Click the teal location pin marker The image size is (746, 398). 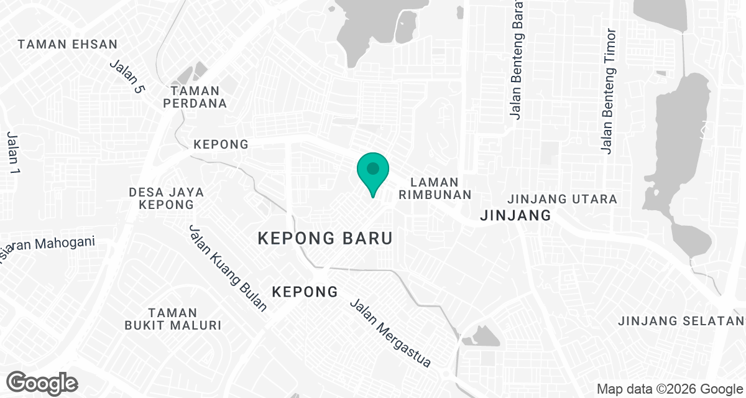click(x=373, y=172)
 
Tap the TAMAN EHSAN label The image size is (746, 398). click(x=68, y=44)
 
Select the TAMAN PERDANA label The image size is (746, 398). click(x=195, y=97)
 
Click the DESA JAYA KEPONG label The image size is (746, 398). click(x=162, y=198)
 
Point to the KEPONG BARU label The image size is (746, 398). click(x=325, y=238)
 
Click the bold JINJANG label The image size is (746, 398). click(x=516, y=216)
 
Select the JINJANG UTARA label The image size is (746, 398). click(x=562, y=199)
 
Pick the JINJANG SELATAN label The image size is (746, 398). click(x=681, y=321)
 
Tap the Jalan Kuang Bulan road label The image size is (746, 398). click(x=228, y=267)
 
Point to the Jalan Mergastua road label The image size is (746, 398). click(x=390, y=333)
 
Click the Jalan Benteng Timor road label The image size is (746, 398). click(x=609, y=90)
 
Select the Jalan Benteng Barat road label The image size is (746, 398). click(x=516, y=59)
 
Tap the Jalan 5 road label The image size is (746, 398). click(x=127, y=76)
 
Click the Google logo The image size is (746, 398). click(x=42, y=382)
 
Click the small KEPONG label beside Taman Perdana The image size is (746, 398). click(x=221, y=144)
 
